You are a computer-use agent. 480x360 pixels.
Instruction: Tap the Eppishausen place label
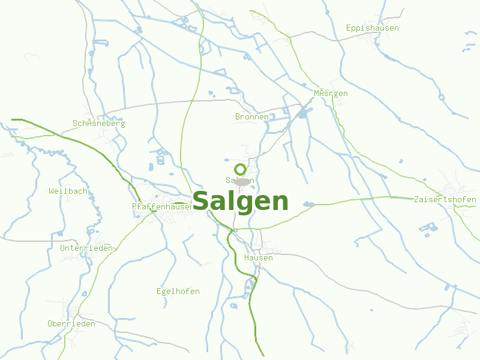click(372, 28)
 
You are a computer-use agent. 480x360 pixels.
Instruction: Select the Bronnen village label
click(252, 117)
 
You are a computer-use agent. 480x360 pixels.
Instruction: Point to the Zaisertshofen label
click(445, 200)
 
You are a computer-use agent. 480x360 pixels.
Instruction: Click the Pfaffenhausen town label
click(162, 206)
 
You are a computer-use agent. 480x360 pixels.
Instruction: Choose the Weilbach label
click(68, 191)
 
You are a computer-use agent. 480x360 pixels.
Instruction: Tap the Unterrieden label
click(86, 248)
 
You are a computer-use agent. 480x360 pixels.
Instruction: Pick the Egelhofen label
click(178, 292)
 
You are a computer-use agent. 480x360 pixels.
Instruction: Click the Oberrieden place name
click(71, 324)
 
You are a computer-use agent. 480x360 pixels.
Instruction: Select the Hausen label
click(258, 258)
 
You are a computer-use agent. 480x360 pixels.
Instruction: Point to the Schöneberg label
click(98, 124)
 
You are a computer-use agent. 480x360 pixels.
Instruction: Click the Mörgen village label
click(331, 94)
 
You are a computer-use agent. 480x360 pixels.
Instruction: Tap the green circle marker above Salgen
click(240, 169)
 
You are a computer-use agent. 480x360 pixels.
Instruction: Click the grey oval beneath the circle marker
click(242, 181)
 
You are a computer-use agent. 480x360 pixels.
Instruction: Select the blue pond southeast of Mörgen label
click(303, 112)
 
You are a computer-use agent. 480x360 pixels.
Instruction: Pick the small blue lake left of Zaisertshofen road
click(308, 205)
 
